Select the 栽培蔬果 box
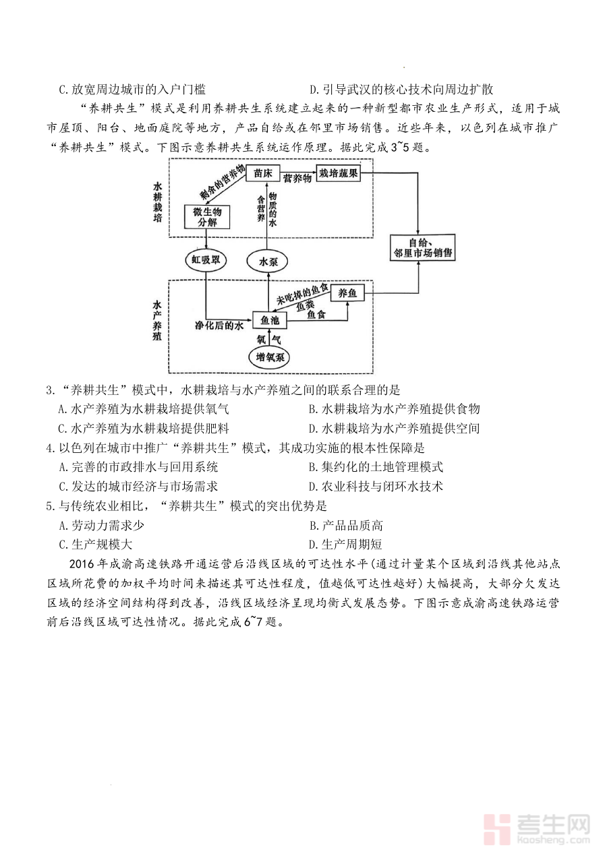point(339,174)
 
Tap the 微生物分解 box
point(207,216)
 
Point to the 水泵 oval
point(268,262)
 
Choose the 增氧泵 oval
point(268,357)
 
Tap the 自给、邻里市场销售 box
point(422,248)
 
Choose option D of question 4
point(375,486)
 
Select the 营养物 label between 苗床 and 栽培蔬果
point(297,178)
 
